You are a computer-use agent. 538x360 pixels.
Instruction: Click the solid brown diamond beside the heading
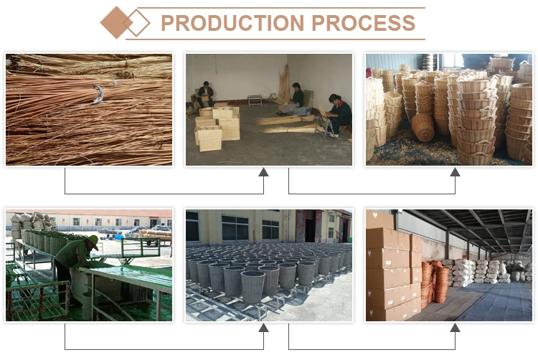[115, 22]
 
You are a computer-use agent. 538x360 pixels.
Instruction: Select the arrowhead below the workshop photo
[263, 172]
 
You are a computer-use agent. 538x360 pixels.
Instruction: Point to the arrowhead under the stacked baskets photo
[455, 172]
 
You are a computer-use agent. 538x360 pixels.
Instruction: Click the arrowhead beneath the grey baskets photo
[263, 327]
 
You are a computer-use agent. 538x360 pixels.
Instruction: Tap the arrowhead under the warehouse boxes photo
[455, 327]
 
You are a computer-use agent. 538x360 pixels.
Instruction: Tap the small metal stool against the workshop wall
[254, 100]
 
